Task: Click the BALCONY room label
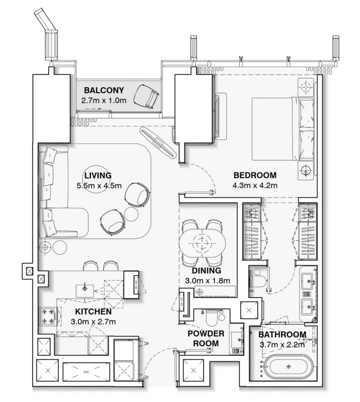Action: [103, 90]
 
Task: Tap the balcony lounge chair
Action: [148, 95]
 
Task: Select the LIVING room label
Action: [98, 175]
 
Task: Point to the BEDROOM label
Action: [255, 175]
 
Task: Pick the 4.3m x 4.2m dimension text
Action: [255, 186]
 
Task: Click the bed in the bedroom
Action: [282, 129]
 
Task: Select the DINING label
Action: [206, 271]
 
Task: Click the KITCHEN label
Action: [93, 312]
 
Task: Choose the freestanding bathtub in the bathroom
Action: [290, 367]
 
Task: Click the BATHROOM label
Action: [282, 335]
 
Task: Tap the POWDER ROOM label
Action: [206, 338]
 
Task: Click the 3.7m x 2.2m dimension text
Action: [282, 345]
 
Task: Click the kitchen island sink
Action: [85, 288]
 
